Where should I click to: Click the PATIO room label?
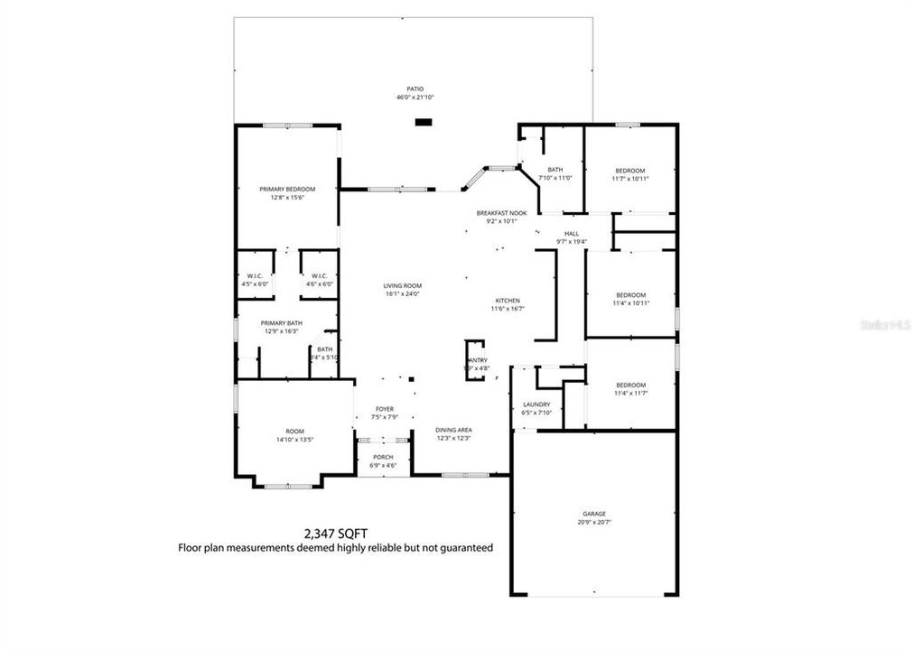[x=415, y=88]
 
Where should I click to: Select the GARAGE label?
[x=593, y=514]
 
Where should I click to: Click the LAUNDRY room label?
[x=536, y=404]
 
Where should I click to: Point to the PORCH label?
[x=383, y=457]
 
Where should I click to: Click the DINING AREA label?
[x=453, y=430]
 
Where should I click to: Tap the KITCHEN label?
[x=508, y=301]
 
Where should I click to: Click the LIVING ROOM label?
[x=403, y=284]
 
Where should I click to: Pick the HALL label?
[x=572, y=233]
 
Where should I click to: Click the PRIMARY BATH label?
[x=281, y=323]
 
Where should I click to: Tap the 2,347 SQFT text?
[x=335, y=534]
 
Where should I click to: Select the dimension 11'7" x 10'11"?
[x=630, y=179]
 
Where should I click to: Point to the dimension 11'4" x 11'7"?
[x=630, y=393]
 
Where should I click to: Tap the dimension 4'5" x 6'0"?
[x=254, y=284]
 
